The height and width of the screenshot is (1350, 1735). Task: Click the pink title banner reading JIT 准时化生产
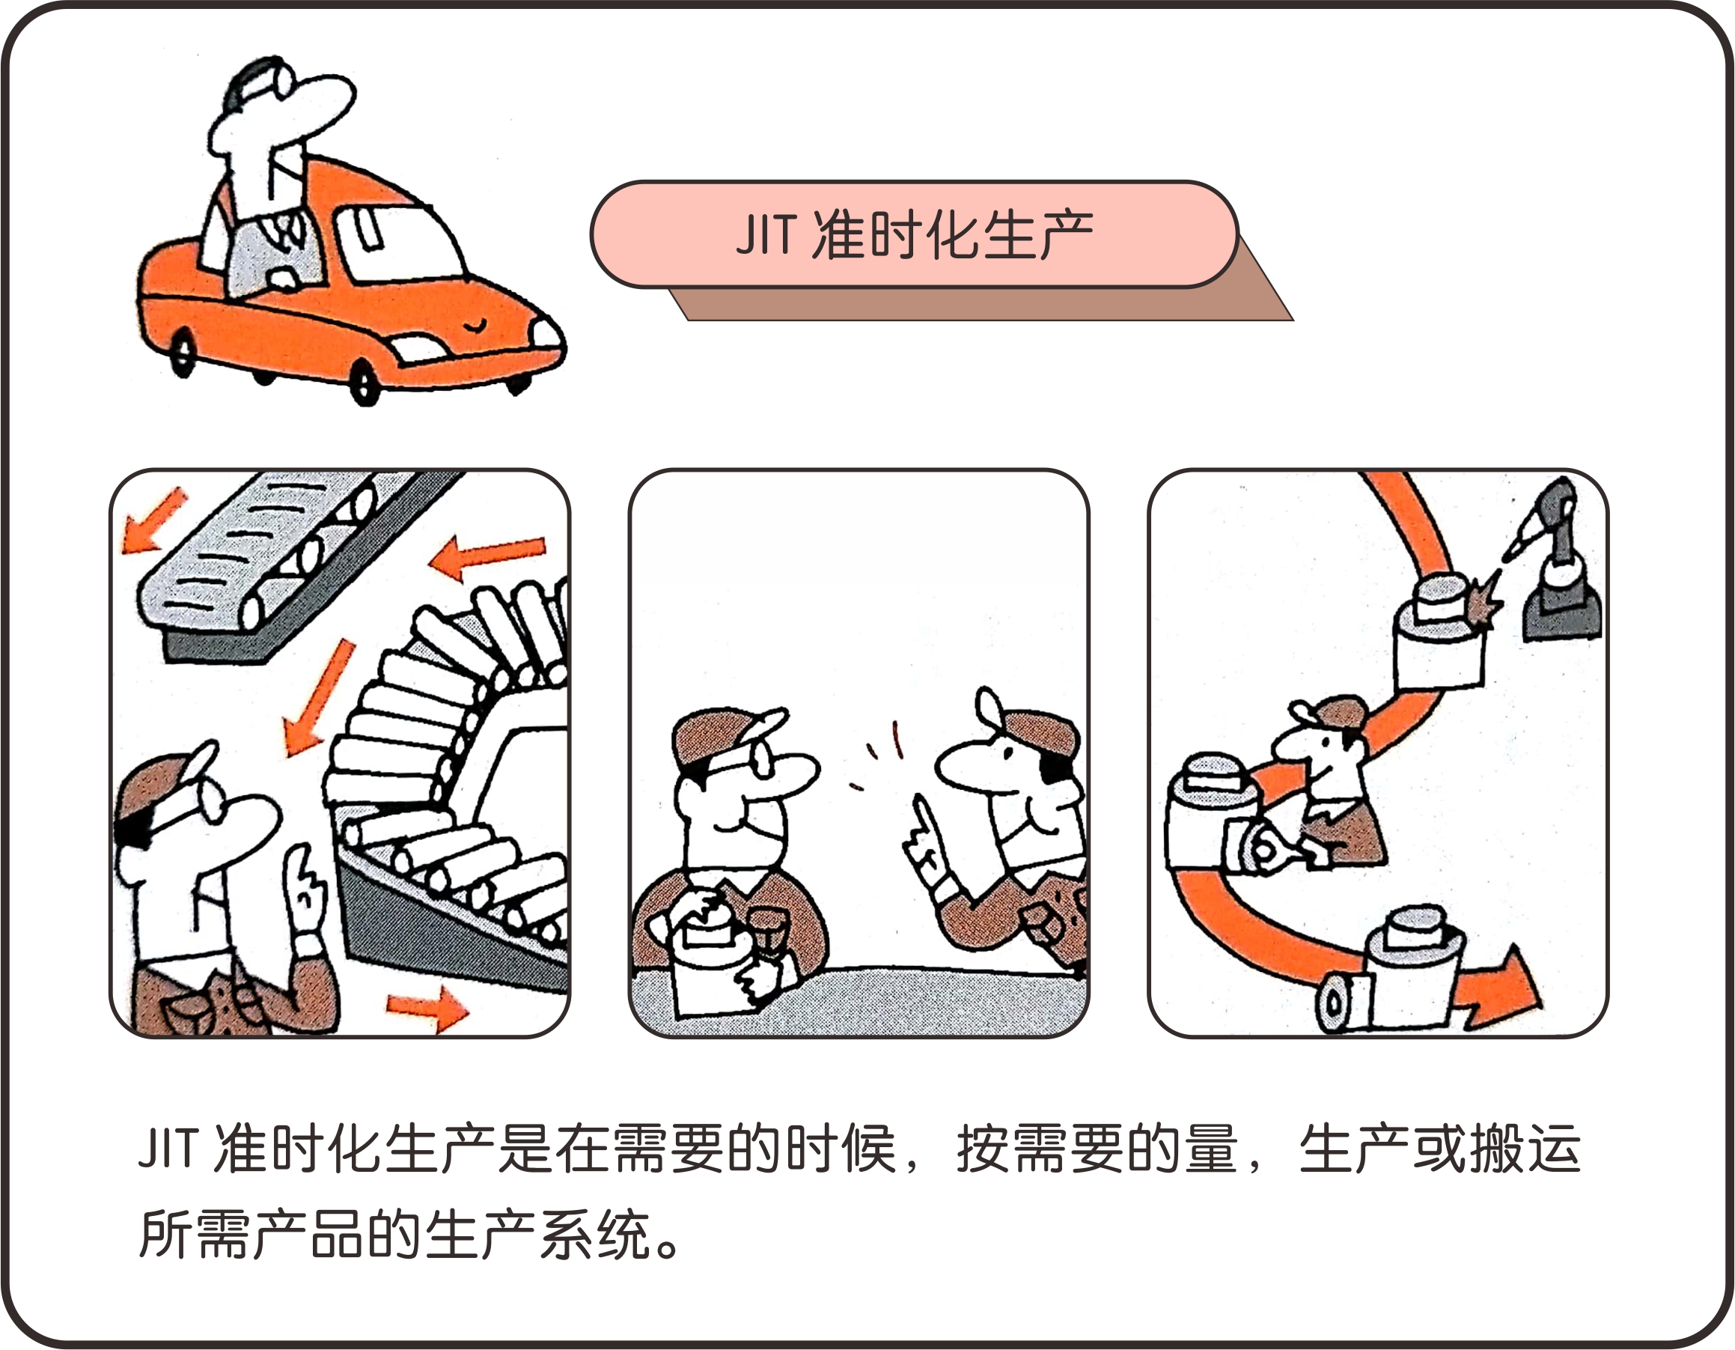tap(915, 234)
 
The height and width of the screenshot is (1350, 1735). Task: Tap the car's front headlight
tap(546, 333)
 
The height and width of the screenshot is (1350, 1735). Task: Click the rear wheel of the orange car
tap(183, 353)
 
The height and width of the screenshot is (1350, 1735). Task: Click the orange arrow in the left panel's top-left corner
tap(153, 520)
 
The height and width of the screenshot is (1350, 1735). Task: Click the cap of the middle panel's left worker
tap(727, 735)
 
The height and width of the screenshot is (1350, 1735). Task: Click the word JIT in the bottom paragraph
tap(167, 1149)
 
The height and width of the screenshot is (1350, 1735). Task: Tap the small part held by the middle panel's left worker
tap(767, 933)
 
